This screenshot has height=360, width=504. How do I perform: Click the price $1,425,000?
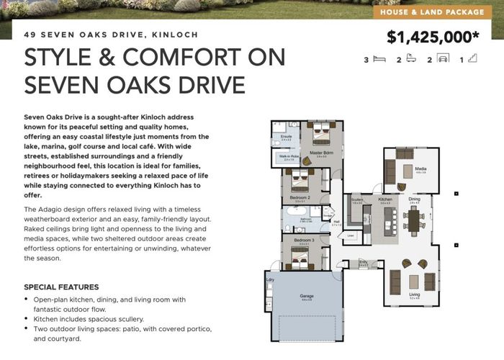point(432,38)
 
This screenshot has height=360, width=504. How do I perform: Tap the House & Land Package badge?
point(436,12)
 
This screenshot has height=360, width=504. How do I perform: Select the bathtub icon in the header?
point(408,60)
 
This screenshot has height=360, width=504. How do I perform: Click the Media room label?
point(420,171)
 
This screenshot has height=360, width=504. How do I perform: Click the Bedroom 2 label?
point(300,197)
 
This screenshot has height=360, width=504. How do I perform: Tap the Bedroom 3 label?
point(303,240)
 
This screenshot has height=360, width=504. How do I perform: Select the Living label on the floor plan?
point(414,294)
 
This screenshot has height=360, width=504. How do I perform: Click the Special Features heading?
point(61,287)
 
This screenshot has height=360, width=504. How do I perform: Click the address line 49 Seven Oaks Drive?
point(111,35)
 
